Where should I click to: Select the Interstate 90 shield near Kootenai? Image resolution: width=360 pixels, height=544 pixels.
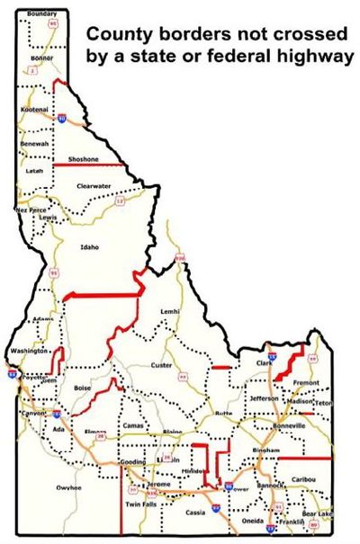click(61, 118)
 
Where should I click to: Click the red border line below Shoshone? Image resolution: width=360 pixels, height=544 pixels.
click(89, 165)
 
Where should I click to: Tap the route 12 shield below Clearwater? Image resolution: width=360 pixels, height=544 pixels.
click(120, 201)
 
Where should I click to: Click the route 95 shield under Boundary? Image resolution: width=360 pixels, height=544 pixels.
click(53, 25)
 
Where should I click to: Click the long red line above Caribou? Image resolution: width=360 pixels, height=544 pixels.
click(304, 458)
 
